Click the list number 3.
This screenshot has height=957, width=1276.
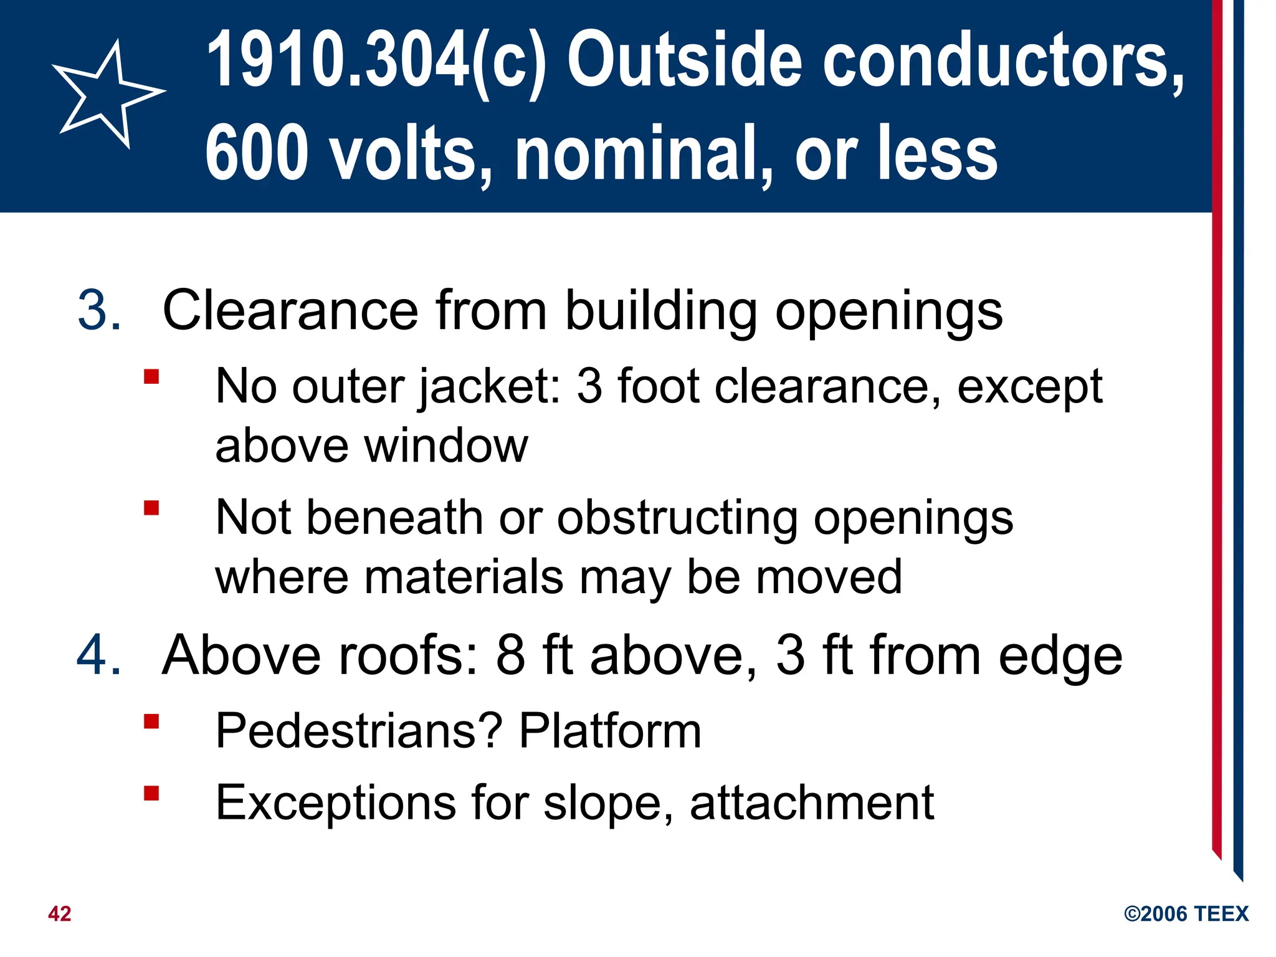pos(99,310)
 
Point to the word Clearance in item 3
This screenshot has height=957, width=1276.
pos(290,310)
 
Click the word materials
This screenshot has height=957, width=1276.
pos(464,576)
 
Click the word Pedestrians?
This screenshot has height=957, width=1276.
pos(359,730)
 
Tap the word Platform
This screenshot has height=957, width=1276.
pos(611,730)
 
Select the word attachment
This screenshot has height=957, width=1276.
pos(812,802)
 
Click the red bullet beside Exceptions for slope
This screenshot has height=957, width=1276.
pos(151,793)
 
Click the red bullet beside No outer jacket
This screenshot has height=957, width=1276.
pos(151,377)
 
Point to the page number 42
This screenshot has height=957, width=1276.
pos(60,913)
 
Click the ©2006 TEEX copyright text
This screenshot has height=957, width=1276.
pos(1186,913)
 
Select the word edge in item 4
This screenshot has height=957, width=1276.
pos(1060,655)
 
